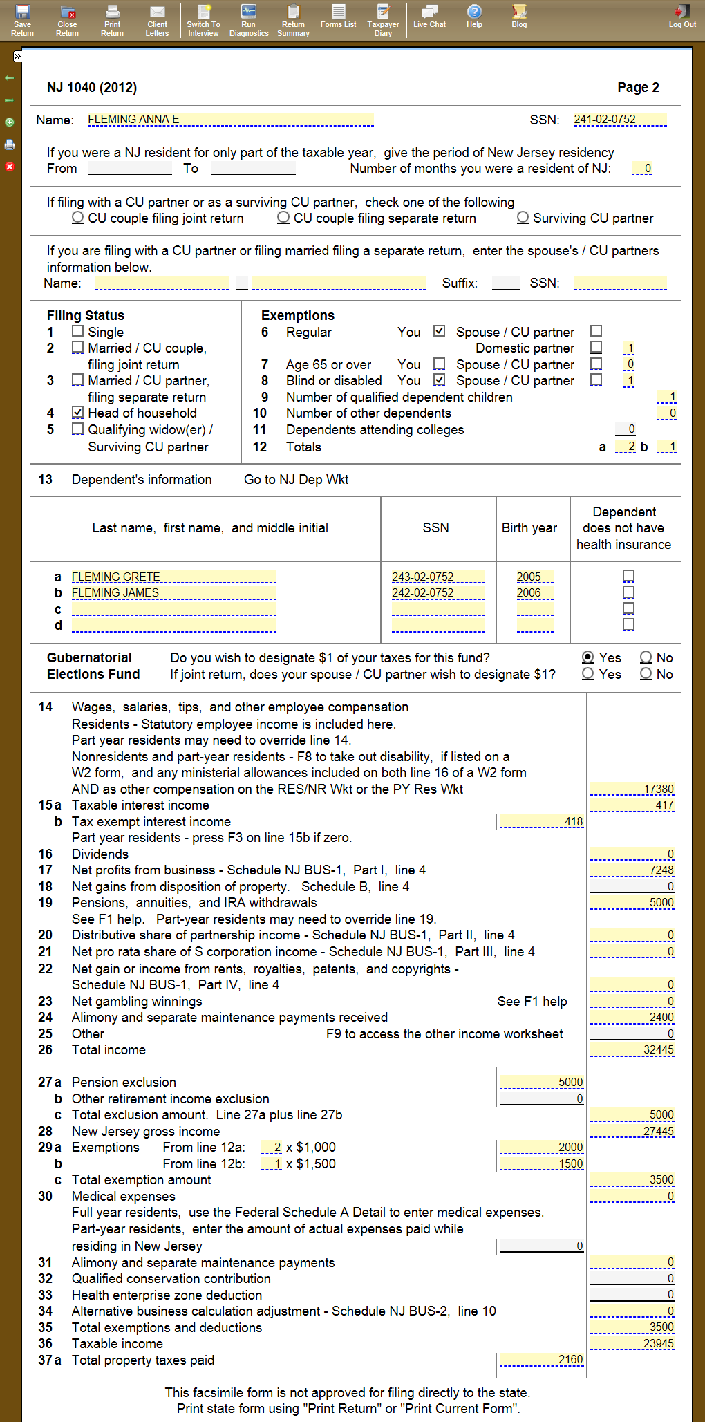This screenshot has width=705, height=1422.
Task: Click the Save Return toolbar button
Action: [22, 20]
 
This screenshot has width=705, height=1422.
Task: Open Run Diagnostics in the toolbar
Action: [249, 20]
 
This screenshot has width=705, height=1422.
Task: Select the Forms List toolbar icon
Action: [338, 16]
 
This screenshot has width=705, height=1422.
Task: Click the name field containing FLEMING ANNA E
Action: [230, 120]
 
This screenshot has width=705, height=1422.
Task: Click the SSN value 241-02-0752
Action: [619, 120]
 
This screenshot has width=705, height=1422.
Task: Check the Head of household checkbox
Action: [78, 413]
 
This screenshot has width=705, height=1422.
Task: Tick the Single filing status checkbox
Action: [78, 332]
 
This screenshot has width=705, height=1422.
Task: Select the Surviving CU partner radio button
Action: [523, 218]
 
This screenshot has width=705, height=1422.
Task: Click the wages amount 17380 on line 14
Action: [632, 789]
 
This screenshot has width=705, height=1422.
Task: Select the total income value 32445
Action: [632, 1049]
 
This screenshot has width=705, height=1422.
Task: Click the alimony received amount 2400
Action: [632, 1017]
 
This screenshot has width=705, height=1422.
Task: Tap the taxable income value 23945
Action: [632, 1343]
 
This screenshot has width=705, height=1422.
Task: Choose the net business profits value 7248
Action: [632, 870]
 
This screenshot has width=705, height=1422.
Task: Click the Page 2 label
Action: [638, 87]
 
